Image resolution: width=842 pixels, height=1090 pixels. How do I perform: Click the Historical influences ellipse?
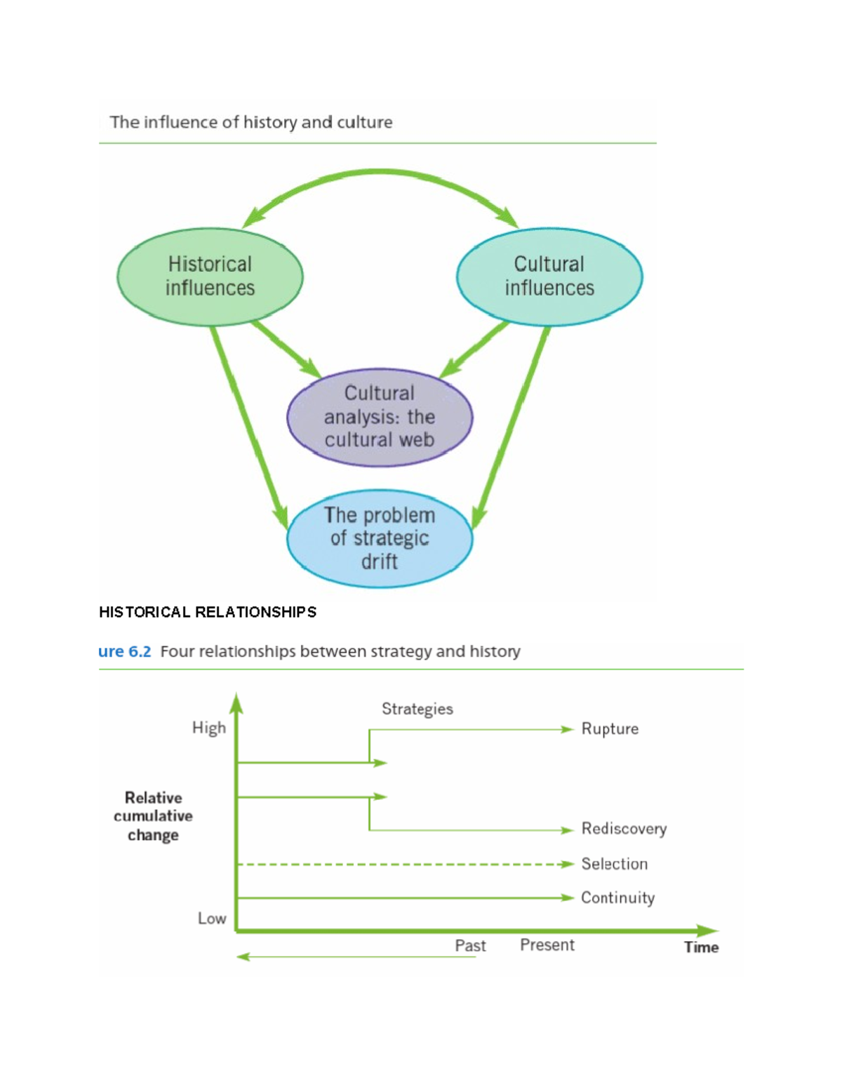pos(210,277)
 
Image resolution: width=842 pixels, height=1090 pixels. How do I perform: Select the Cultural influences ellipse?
pos(549,277)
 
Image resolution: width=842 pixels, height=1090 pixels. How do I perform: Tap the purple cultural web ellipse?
pos(380,417)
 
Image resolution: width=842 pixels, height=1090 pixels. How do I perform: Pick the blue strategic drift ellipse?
pos(380,538)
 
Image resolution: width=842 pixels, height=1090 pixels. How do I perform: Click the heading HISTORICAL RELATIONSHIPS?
pos(208,612)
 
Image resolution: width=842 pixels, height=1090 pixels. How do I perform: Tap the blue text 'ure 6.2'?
pos(125,651)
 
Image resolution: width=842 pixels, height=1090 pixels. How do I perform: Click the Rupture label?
pos(610,729)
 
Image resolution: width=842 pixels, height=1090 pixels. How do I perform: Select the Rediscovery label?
pos(624,829)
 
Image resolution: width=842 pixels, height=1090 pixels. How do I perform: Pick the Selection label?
pos(614,864)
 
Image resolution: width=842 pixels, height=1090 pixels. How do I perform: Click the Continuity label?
pos(617,898)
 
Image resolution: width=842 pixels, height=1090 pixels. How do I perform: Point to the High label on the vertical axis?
pos(209,728)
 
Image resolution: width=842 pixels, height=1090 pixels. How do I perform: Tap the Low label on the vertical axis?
pos(212,919)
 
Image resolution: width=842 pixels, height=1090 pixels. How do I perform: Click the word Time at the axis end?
pos(701,948)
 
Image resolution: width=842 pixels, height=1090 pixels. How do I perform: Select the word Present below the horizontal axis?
pos(547,945)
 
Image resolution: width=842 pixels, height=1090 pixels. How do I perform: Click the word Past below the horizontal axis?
pos(470,946)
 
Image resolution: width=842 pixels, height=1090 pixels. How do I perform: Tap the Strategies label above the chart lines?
pos(417,709)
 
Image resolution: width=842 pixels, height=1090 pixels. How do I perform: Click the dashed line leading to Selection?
pos(400,864)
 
